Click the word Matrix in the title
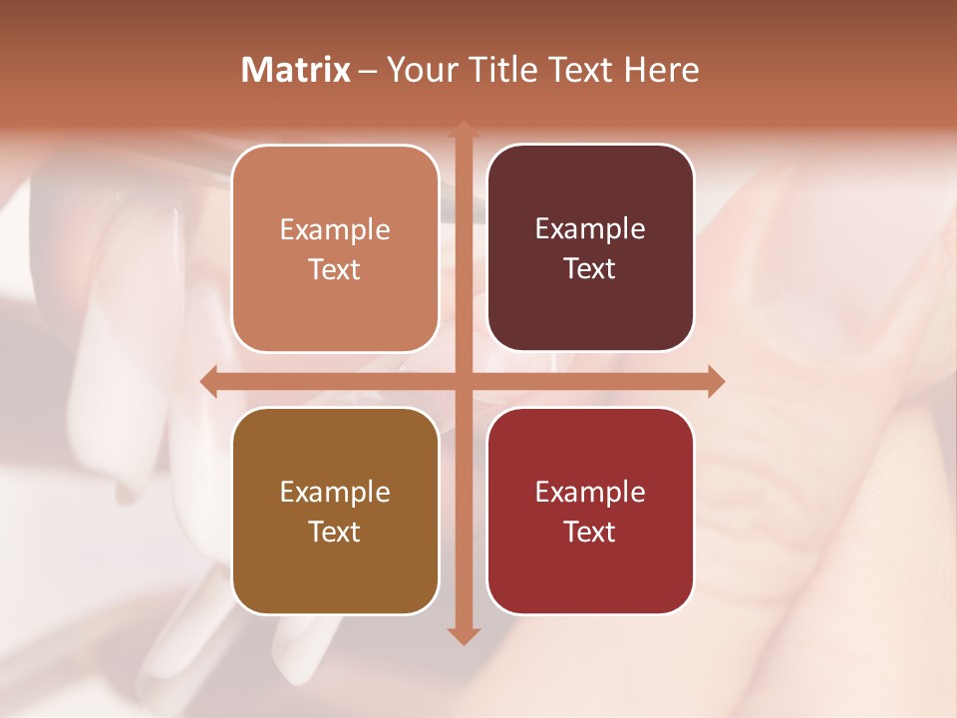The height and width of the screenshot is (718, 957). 296,70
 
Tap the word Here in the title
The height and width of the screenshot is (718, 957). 661,70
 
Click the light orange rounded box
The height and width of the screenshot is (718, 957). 335,249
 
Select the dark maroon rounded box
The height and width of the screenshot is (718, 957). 590,248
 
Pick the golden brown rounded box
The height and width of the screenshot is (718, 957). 335,512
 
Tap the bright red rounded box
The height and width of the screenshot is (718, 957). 590,512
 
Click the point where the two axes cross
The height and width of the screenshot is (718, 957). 463,381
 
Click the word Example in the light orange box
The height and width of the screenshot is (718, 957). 335,229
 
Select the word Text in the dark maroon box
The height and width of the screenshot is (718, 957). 590,269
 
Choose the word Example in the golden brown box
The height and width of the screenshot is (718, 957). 335,492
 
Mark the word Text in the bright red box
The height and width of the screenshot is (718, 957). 590,533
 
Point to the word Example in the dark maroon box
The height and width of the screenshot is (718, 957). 590,228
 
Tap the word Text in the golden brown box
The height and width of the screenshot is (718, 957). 335,533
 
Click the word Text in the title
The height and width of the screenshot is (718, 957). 578,70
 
